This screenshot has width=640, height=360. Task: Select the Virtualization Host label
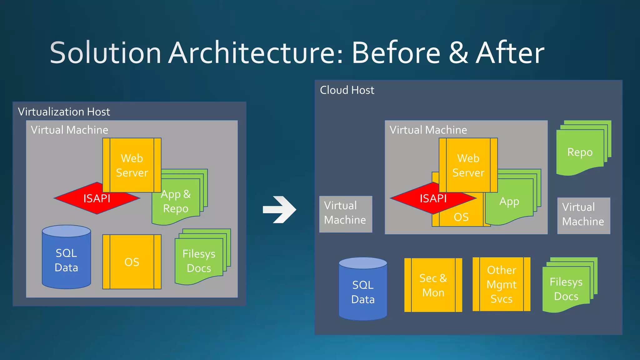click(64, 112)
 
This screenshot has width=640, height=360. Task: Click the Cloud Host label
click(347, 90)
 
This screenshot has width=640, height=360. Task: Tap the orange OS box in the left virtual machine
click(132, 262)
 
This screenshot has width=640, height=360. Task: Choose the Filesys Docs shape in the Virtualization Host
click(199, 261)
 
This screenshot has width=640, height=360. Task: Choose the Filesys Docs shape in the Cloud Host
click(566, 289)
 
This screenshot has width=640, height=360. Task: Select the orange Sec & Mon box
click(433, 285)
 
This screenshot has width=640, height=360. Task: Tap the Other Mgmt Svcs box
click(501, 284)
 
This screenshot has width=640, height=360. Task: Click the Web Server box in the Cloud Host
click(468, 165)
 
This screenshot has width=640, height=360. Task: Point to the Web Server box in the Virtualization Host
click(132, 165)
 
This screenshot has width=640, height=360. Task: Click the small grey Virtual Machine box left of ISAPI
click(345, 214)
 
